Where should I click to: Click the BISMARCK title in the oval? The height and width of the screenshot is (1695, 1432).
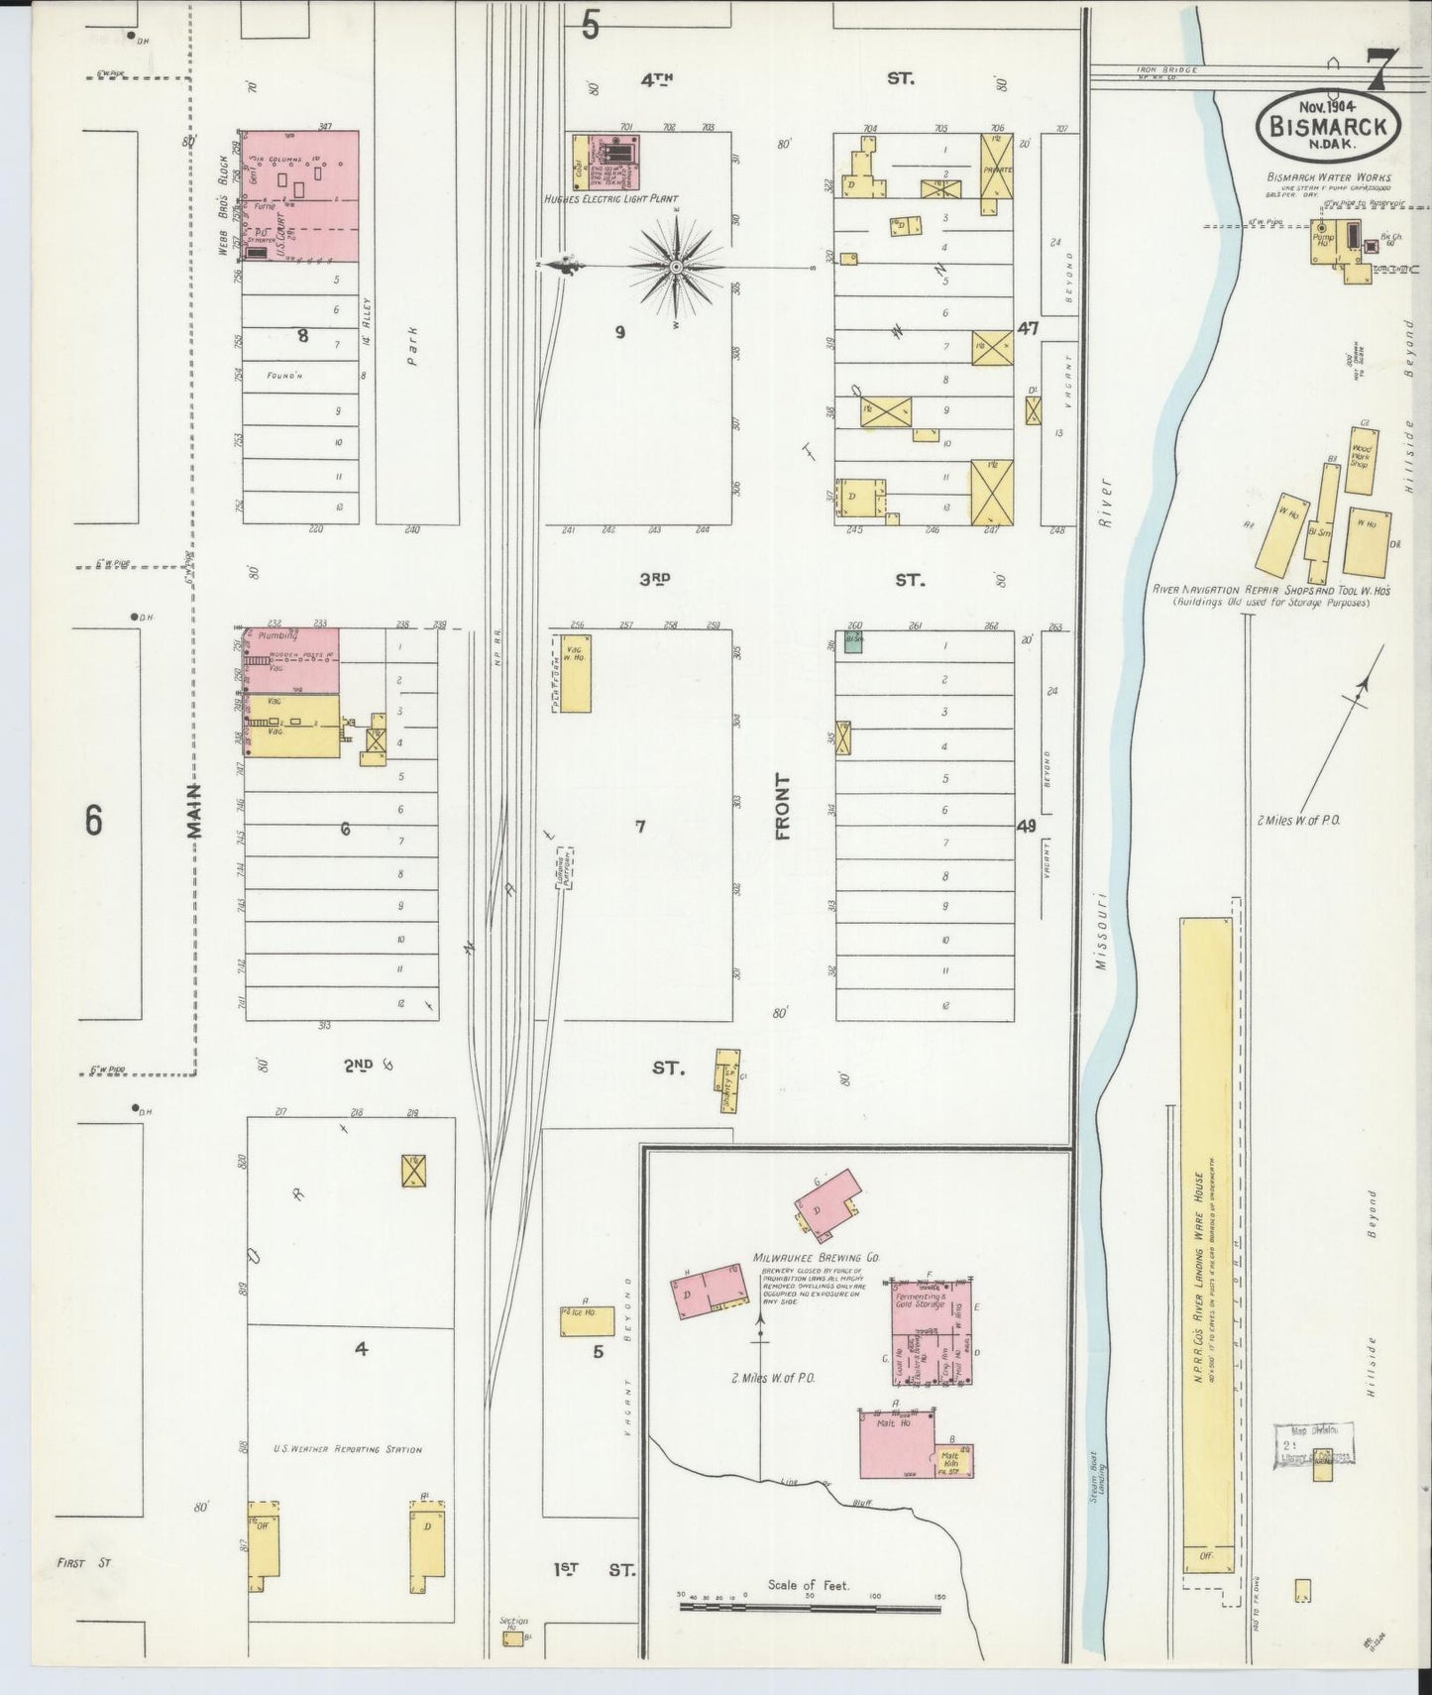(1328, 125)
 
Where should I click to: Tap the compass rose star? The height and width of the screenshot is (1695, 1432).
(676, 267)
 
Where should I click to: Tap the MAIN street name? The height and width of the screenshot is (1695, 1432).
(194, 811)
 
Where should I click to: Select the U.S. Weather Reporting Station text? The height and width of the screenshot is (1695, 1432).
(347, 1449)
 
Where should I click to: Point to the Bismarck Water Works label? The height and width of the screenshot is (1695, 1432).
(1327, 177)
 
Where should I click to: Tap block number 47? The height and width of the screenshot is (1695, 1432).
(1027, 328)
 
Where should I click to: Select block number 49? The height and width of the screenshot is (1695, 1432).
(1026, 825)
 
